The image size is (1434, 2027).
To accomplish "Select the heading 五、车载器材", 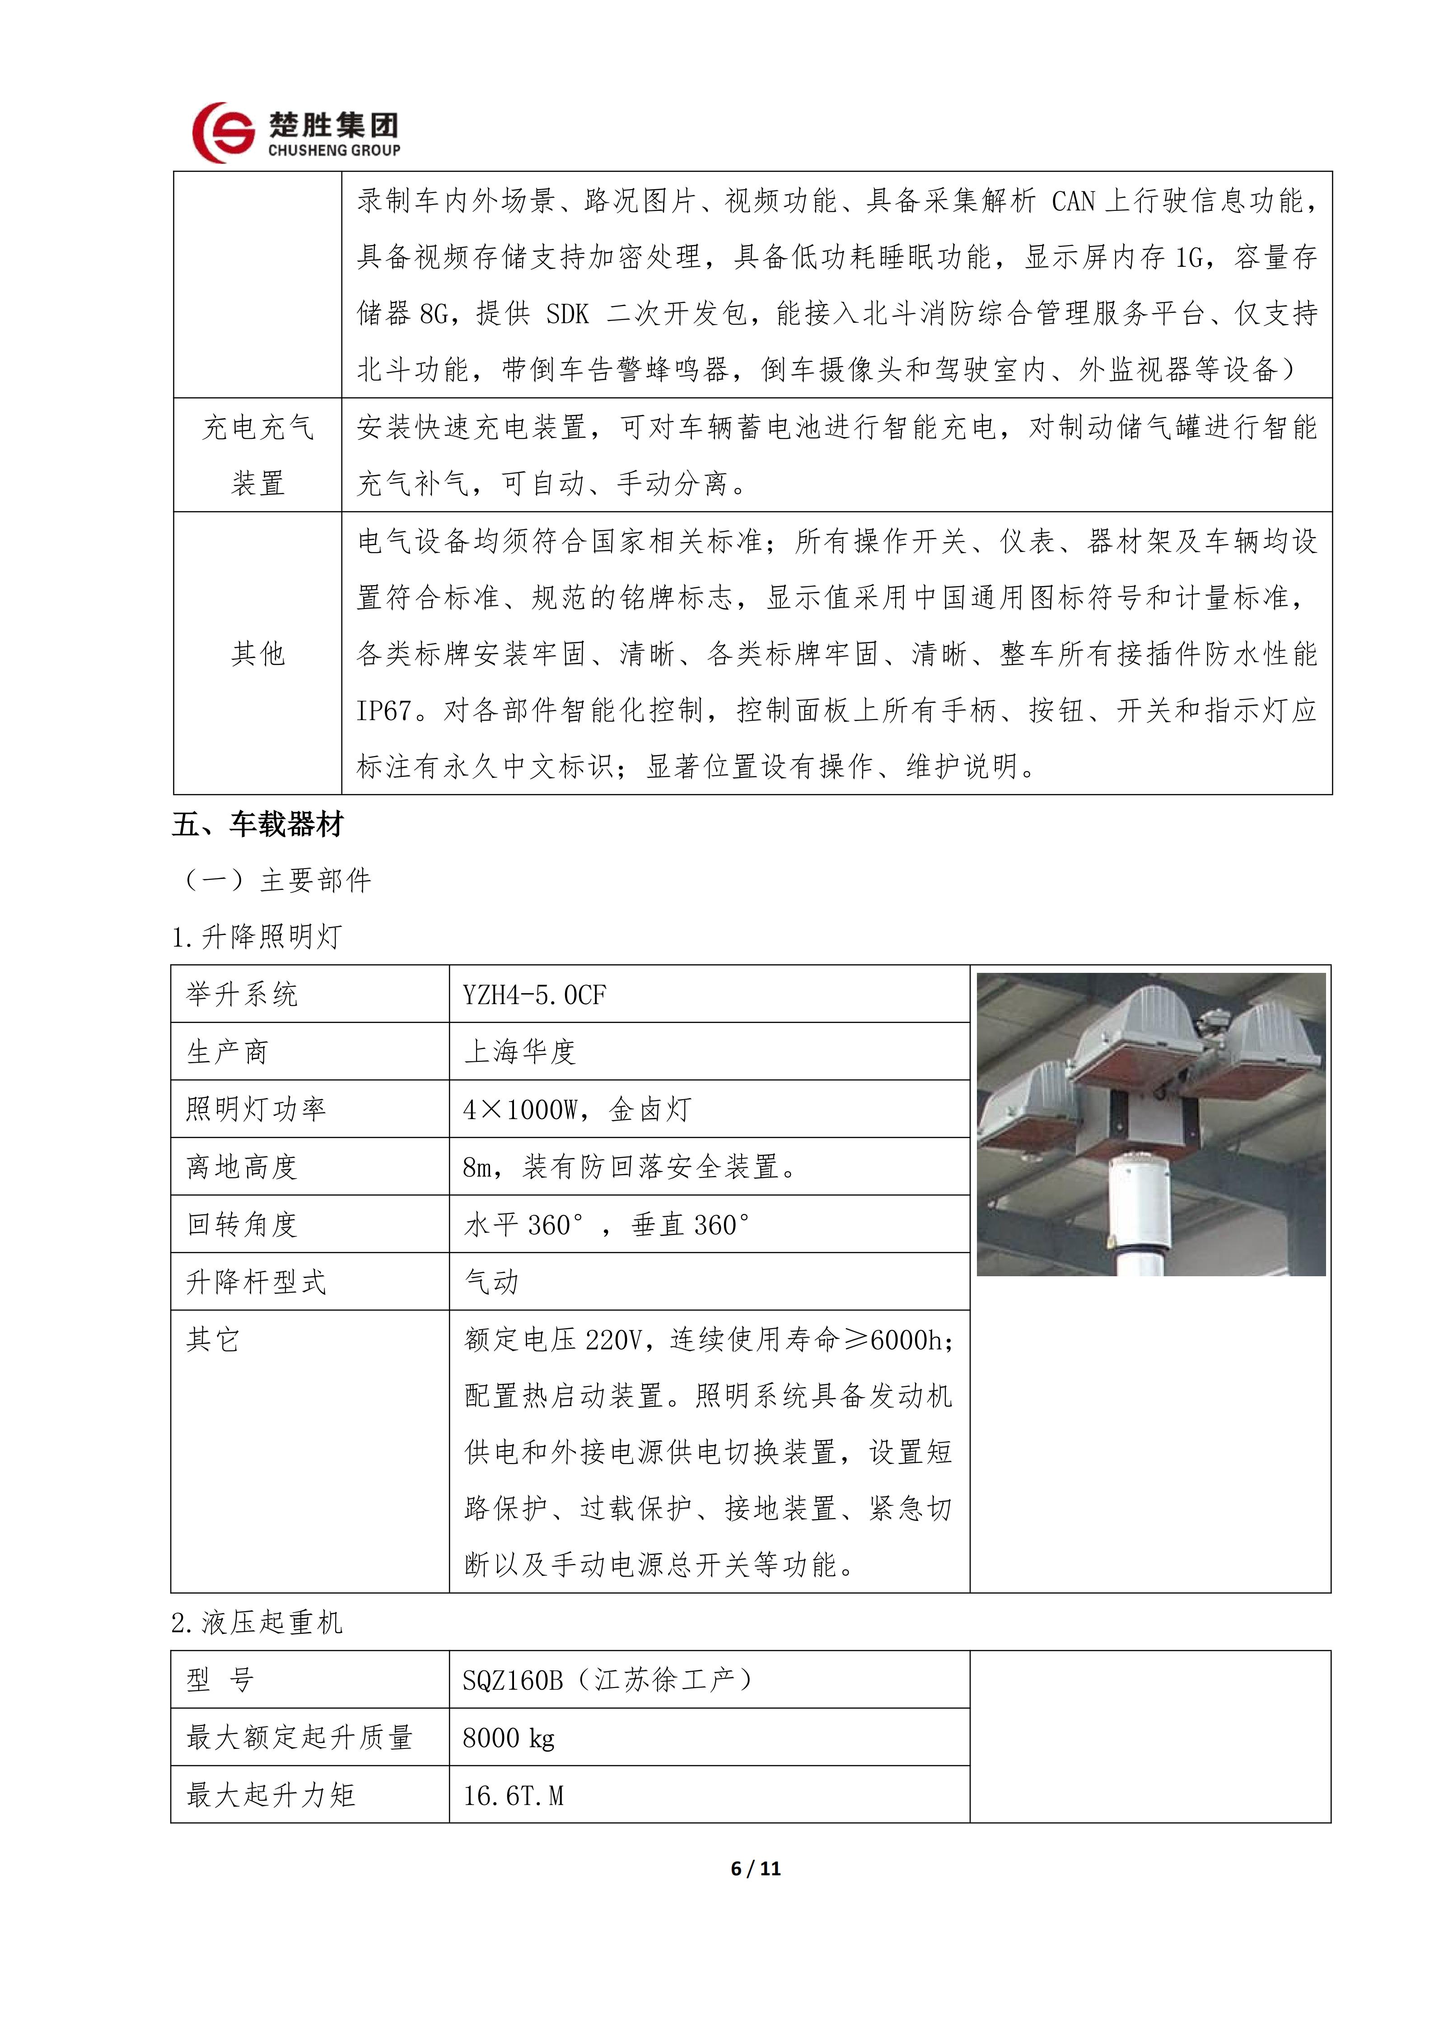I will point(258,825).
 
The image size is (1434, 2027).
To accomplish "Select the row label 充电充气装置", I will point(258,456).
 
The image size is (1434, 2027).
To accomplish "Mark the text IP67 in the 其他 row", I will point(385,711).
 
